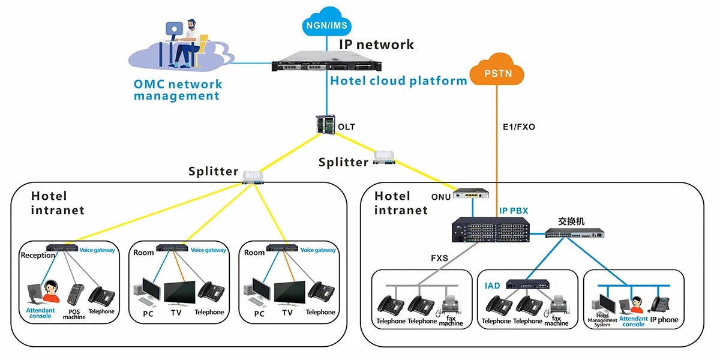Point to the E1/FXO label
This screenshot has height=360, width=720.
pos(518,127)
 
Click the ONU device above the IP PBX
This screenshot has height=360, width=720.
pos(472,194)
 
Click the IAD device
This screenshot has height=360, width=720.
pos(527,284)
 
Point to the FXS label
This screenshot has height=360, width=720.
pos(439,259)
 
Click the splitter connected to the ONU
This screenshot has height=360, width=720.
pos(384,157)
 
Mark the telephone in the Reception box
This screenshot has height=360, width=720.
pos(101,296)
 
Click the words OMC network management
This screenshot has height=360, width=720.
pos(178,90)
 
